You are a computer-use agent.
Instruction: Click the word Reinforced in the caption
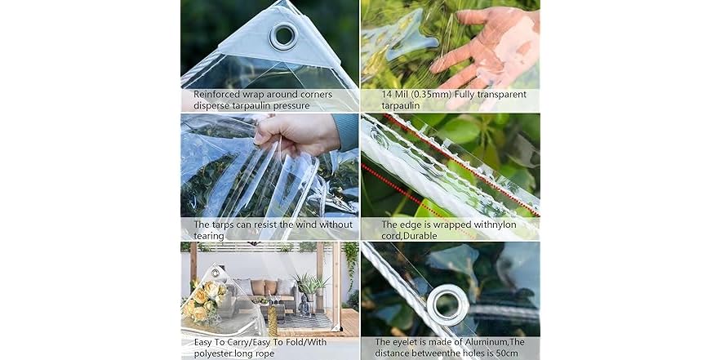(x=217, y=95)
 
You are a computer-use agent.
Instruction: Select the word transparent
(x=501, y=95)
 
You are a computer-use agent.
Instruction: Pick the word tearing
(x=209, y=236)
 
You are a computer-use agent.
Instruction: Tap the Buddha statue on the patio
(x=304, y=305)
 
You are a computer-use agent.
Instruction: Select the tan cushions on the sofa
(x=264, y=287)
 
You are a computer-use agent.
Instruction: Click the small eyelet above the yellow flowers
(x=215, y=273)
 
